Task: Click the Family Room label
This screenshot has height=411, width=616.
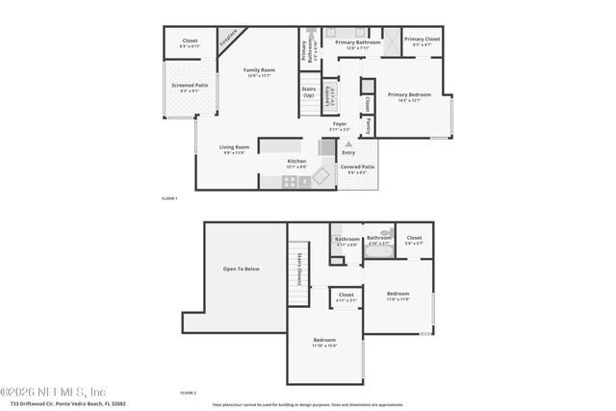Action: point(259,69)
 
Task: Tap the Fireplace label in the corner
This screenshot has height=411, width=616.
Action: point(228,39)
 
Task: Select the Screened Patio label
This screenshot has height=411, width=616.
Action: point(190,86)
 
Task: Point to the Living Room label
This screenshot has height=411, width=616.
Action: point(235,147)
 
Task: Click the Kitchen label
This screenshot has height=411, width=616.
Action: point(296,161)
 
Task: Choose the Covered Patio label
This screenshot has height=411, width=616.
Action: point(356,167)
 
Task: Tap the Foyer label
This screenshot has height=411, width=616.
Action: point(340,124)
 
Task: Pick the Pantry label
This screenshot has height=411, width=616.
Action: point(368,125)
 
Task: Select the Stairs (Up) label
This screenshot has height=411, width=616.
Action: point(309,92)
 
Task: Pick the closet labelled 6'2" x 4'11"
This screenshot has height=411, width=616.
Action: point(190,41)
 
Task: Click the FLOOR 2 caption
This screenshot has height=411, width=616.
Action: point(189,394)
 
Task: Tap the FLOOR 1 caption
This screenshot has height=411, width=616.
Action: point(169,197)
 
